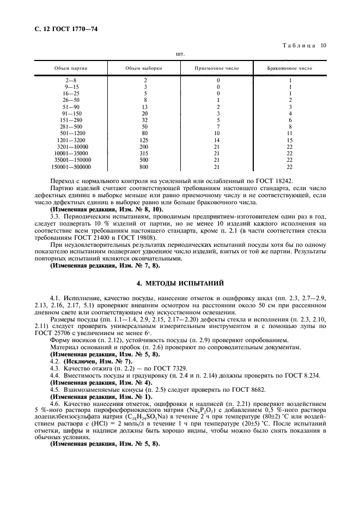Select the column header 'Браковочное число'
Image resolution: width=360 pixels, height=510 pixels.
point(290,69)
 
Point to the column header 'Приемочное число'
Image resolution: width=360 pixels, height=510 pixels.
point(217,69)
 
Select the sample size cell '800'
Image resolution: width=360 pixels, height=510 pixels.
point(145,167)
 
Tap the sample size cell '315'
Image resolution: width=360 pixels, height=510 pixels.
point(145,154)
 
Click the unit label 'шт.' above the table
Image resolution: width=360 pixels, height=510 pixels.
point(180,54)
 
